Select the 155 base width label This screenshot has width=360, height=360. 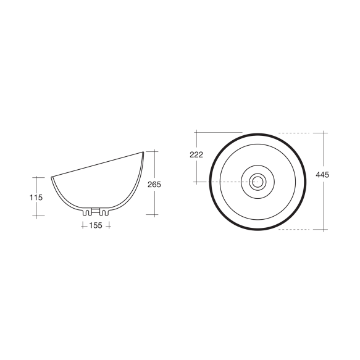point(95,225)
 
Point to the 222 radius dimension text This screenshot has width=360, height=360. point(196,155)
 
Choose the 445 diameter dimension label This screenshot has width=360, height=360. point(322,175)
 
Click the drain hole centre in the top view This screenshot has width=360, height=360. point(257,182)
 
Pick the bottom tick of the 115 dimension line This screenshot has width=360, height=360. point(40,216)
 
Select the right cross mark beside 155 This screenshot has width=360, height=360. point(108,225)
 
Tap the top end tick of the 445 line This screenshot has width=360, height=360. point(323,133)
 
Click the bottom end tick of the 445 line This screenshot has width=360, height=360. point(323,230)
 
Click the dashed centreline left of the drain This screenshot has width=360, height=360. point(228,182)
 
